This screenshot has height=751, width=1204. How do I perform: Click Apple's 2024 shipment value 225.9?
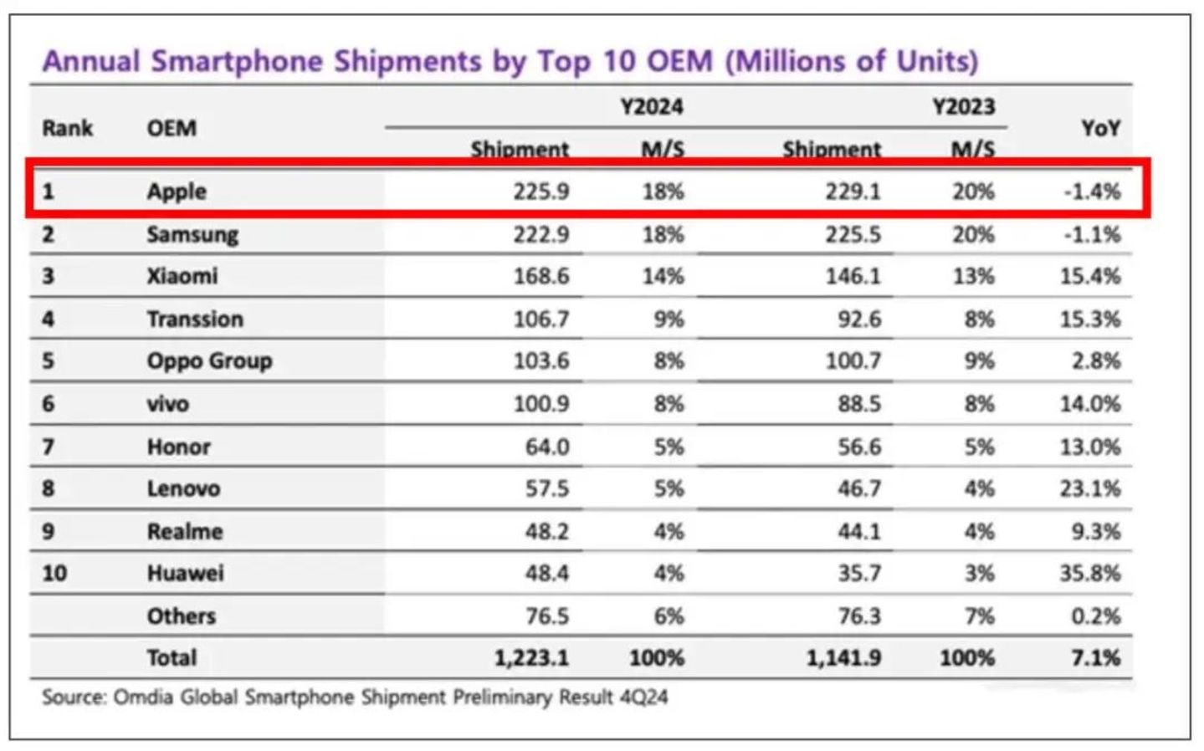coord(541,192)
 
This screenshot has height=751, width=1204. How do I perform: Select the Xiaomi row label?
coord(182,276)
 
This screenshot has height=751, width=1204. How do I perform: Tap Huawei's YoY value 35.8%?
coord(1089,574)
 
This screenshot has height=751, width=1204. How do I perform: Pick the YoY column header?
coord(1099,128)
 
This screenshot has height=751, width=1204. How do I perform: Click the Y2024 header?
coord(651,107)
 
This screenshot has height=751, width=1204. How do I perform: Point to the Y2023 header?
coord(963,107)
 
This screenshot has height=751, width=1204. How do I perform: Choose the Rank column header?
coord(68,128)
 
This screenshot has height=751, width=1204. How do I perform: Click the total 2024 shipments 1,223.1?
coord(531,658)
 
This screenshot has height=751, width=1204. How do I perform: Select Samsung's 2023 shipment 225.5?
coord(853,234)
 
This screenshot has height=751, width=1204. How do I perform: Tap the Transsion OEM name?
coord(195,319)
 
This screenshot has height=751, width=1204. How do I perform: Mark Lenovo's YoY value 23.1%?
coord(1089,488)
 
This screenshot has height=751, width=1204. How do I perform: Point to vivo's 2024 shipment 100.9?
coord(541,404)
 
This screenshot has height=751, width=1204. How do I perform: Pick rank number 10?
coord(54,574)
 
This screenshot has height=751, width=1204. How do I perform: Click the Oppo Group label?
coord(209,361)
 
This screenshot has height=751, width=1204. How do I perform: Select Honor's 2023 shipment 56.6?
coord(859,447)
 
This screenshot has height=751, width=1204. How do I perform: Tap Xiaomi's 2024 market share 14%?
coord(663,276)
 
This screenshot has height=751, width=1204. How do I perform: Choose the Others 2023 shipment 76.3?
coord(859,616)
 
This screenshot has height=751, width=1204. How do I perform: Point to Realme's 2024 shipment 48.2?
coord(547,531)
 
